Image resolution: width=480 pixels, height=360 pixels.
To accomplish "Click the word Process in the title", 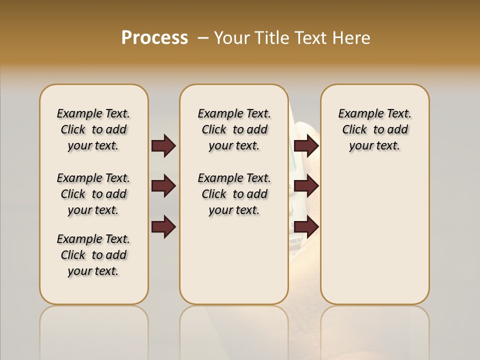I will coord(154,38).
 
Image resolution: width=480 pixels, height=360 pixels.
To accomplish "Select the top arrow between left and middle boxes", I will coord(163,145).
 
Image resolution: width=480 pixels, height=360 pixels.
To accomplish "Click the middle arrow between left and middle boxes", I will coord(163,186).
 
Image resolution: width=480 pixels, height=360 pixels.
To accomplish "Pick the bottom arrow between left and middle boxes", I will coord(163,227).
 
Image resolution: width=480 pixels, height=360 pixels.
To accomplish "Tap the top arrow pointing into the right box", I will coord(306,145).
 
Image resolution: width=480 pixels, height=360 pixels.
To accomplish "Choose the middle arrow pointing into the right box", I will coord(306,186).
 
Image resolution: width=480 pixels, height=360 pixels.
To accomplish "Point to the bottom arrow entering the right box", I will coord(306,227).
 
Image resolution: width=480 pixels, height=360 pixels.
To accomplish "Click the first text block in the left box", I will coord(93,129).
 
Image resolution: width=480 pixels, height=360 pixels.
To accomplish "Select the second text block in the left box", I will coord(93,194).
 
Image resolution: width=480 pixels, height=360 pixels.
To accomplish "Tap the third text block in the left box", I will coord(93,255).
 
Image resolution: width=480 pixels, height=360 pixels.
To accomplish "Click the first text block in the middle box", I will coord(234,129).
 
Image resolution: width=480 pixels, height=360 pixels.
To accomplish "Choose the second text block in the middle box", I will coord(234,194).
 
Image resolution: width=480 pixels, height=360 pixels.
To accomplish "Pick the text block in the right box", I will coord(375,129).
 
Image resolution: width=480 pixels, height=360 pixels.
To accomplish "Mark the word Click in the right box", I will coord(354,130).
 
